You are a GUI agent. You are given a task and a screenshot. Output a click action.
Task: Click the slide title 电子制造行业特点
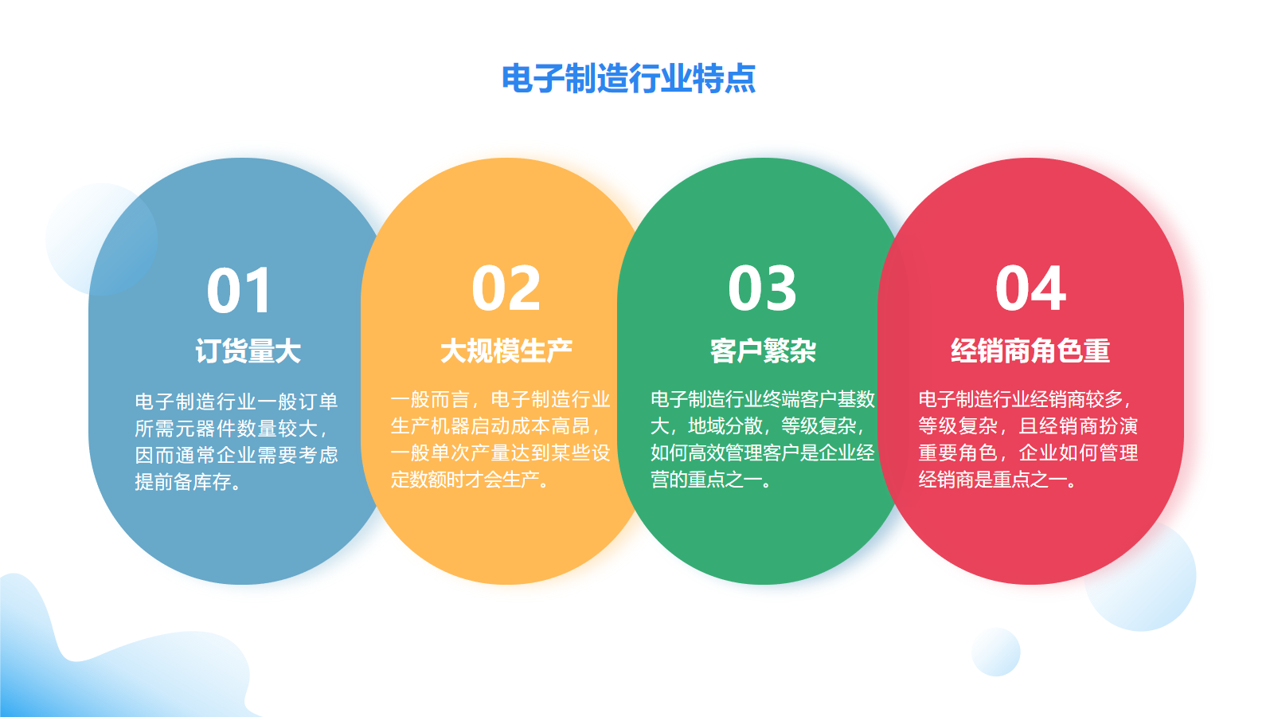click(628, 79)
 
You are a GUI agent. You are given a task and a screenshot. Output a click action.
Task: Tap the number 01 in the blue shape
click(239, 291)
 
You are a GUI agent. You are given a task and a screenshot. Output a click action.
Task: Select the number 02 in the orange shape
click(506, 288)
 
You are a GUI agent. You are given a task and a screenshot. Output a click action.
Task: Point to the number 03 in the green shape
click(762, 288)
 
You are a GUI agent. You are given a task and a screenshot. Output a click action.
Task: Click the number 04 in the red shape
click(1030, 288)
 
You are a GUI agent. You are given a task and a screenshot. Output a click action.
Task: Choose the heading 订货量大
click(248, 351)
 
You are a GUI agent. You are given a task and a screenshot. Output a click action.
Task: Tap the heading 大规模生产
click(506, 351)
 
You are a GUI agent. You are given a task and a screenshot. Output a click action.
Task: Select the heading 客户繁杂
click(763, 351)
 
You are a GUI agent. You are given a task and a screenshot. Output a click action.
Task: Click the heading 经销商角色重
click(1030, 351)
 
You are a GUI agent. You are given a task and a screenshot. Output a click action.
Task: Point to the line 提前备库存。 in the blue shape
click(188, 482)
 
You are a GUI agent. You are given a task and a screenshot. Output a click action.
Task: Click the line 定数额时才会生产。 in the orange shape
click(470, 480)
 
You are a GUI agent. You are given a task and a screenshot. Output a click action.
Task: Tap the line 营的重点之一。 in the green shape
click(711, 480)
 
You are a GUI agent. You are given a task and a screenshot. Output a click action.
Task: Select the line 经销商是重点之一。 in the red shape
click(998, 480)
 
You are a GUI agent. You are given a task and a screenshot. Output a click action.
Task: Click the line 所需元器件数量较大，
click(232, 429)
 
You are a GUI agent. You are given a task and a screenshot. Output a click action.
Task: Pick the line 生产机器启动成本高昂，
click(495, 426)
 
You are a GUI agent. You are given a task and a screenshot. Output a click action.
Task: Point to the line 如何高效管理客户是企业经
click(763, 453)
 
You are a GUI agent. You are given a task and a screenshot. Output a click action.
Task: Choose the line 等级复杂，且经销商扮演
click(1028, 426)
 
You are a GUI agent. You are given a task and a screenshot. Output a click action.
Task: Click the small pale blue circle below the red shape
click(996, 652)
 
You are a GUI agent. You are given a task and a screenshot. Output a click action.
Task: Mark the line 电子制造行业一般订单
click(236, 402)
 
